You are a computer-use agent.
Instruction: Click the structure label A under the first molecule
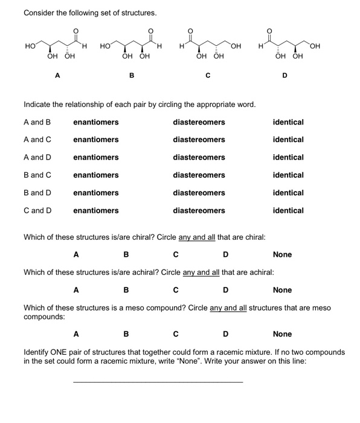pos(57,76)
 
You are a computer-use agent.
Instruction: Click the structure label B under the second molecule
pos(132,76)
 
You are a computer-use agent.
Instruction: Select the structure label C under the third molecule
pos(207,76)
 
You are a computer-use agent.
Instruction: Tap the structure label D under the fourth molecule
pos(284,76)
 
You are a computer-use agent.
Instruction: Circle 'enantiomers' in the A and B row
pos(95,122)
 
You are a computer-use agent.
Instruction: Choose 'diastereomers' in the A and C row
pos(199,140)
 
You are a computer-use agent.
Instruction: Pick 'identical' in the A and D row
pos(288,157)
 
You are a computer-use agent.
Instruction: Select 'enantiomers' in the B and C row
pos(95,175)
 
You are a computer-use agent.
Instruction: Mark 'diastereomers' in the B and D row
pos(199,193)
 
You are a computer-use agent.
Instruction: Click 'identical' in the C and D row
pos(288,211)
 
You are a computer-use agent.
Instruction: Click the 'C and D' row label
pos(37,211)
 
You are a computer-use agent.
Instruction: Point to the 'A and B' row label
pos(37,122)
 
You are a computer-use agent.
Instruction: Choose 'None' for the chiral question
pos(282,254)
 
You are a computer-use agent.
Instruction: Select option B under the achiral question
pos(126,290)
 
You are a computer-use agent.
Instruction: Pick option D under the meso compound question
pos(225,334)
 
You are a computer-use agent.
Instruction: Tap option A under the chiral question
pos(76,254)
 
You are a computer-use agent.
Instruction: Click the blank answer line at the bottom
pos(158,381)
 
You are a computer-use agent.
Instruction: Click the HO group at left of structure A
pos(29,45)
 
